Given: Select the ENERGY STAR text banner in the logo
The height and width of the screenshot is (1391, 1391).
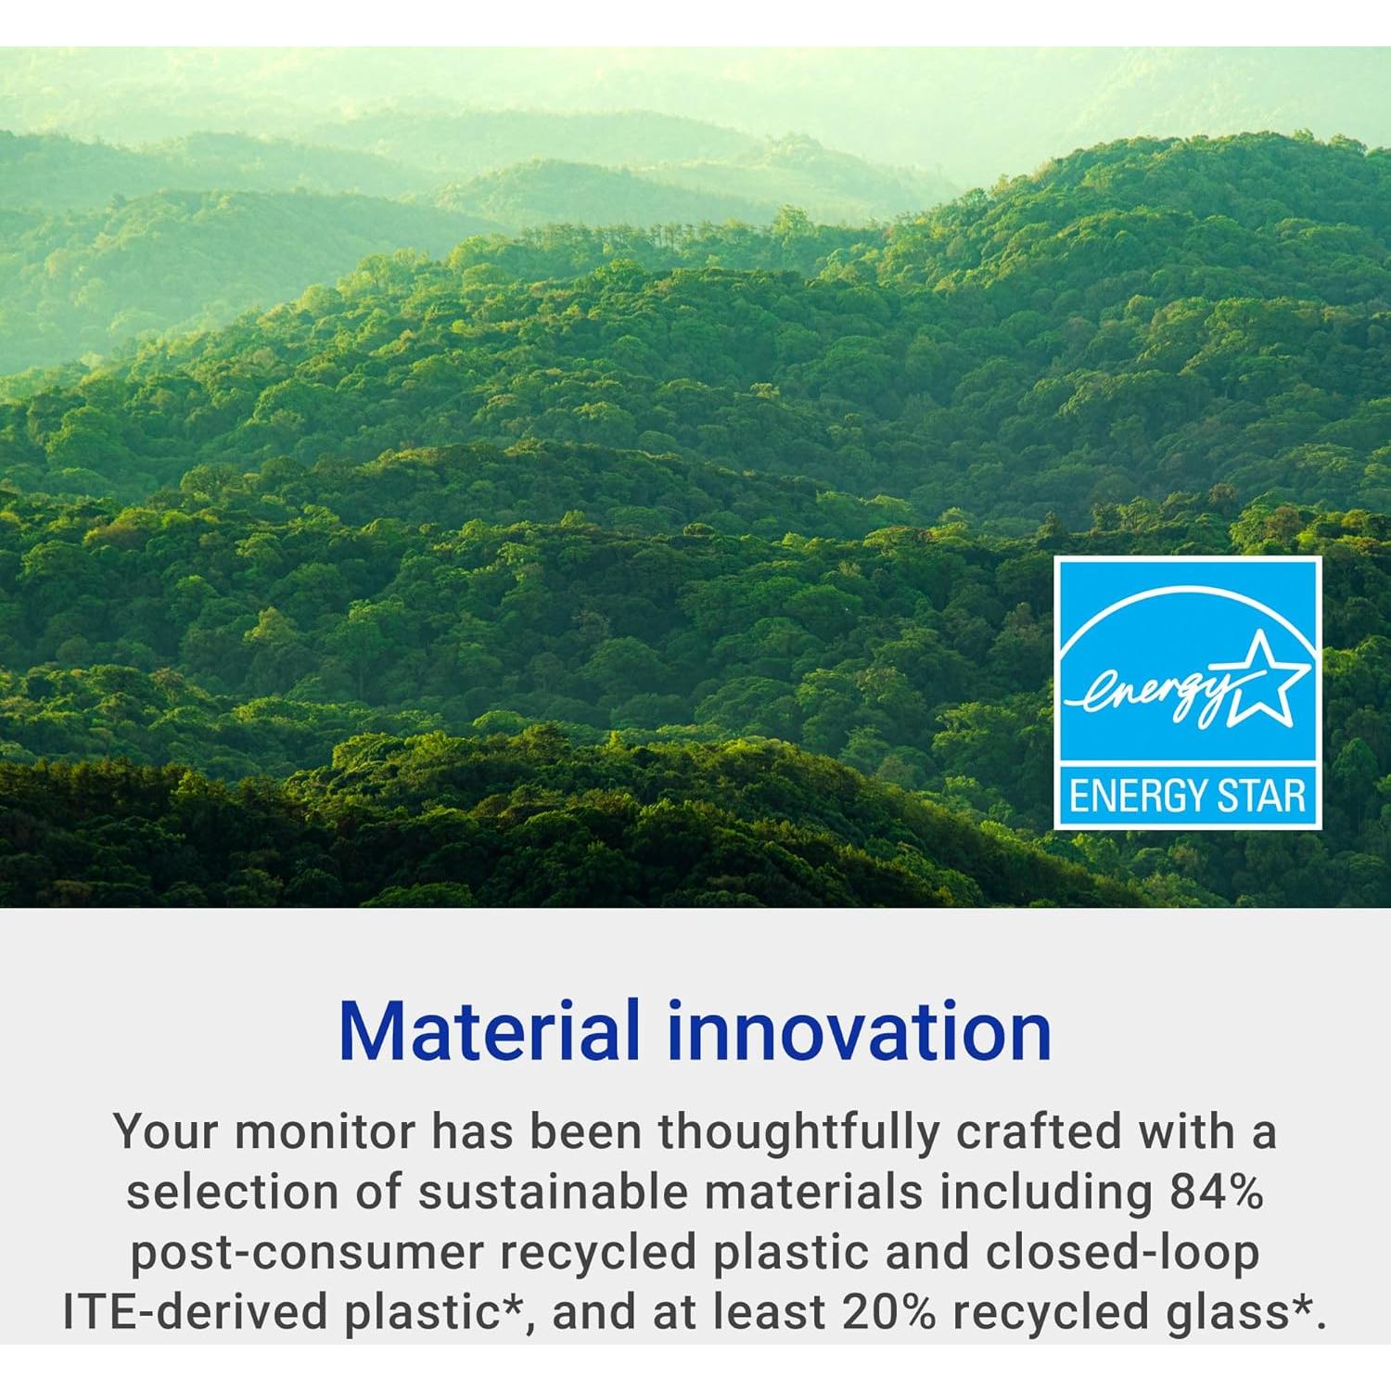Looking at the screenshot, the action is pyautogui.click(x=1188, y=797).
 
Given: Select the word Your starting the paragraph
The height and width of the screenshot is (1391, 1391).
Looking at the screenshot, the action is pyautogui.click(x=167, y=1132).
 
